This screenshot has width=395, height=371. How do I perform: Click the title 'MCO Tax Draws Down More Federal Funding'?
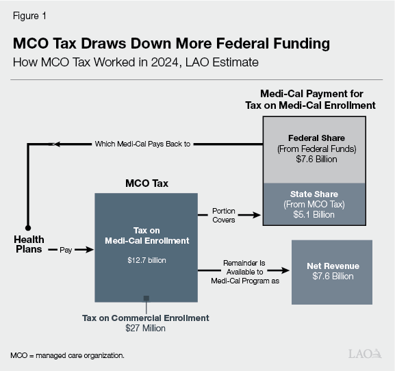click(171, 44)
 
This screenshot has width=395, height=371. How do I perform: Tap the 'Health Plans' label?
click(28, 244)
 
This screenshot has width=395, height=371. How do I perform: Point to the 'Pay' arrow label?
click(65, 251)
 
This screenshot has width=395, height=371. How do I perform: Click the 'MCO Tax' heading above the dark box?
click(145, 184)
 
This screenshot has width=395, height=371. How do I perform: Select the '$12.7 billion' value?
click(146, 260)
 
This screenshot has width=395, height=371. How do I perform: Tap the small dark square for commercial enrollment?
click(146, 298)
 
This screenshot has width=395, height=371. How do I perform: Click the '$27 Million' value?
click(146, 329)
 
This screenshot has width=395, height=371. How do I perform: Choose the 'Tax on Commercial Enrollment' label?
click(146, 318)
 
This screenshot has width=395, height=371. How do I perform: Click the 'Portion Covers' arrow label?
click(223, 215)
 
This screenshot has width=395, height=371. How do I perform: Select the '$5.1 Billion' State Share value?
click(315, 214)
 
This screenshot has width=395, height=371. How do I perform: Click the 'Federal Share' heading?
click(316, 138)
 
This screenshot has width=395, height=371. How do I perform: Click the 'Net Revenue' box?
click(332, 271)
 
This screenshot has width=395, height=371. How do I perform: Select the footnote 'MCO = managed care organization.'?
click(67, 356)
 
